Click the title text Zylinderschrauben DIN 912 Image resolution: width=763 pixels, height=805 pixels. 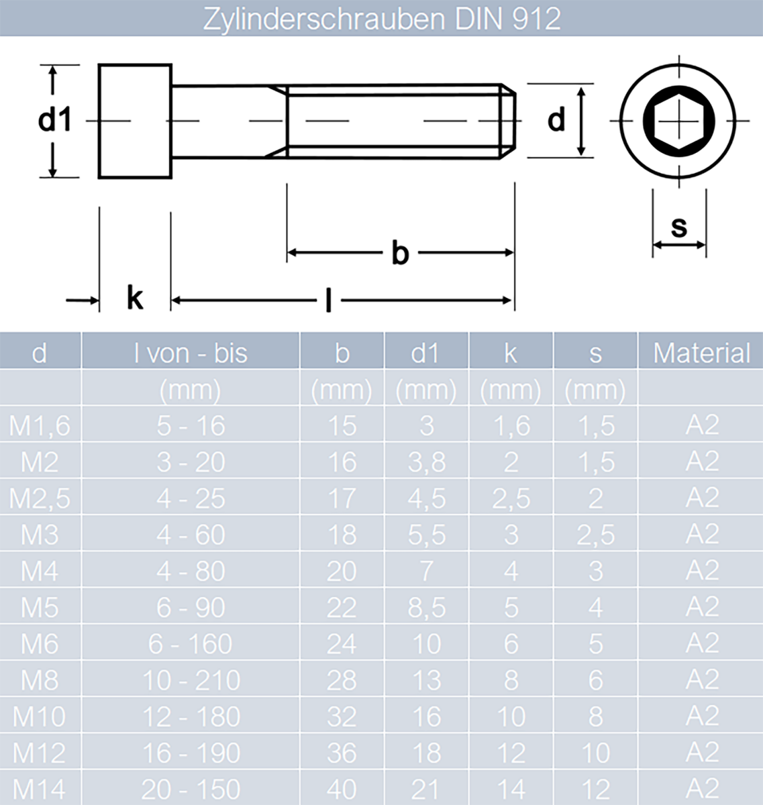[x=381, y=19]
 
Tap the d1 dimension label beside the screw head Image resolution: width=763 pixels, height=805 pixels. [x=54, y=121]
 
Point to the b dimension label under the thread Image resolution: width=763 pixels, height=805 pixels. [x=400, y=254]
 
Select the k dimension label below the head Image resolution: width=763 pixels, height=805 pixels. [x=135, y=297]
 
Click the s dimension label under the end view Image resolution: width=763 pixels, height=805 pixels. [x=679, y=227]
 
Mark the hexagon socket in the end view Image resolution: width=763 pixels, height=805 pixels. [x=679, y=121]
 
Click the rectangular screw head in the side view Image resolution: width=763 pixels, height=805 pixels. [x=135, y=121]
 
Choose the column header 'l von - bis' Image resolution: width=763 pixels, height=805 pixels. [x=191, y=354]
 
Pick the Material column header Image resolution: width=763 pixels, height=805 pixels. [x=701, y=354]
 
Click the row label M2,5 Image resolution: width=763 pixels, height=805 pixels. [x=40, y=498]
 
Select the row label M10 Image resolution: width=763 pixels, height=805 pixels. [x=40, y=717]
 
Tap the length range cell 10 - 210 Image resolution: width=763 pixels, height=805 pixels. [x=191, y=681]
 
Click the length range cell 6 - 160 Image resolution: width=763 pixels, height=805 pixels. [x=191, y=645]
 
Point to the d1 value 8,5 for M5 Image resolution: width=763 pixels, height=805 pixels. [x=426, y=608]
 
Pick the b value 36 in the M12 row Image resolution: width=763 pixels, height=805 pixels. [x=342, y=753]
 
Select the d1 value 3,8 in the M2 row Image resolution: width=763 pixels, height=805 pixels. [x=426, y=462]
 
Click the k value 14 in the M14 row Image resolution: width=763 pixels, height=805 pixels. [x=511, y=790]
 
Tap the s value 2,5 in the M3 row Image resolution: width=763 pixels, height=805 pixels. [x=595, y=535]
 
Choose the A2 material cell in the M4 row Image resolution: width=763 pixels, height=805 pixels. [x=702, y=571]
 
